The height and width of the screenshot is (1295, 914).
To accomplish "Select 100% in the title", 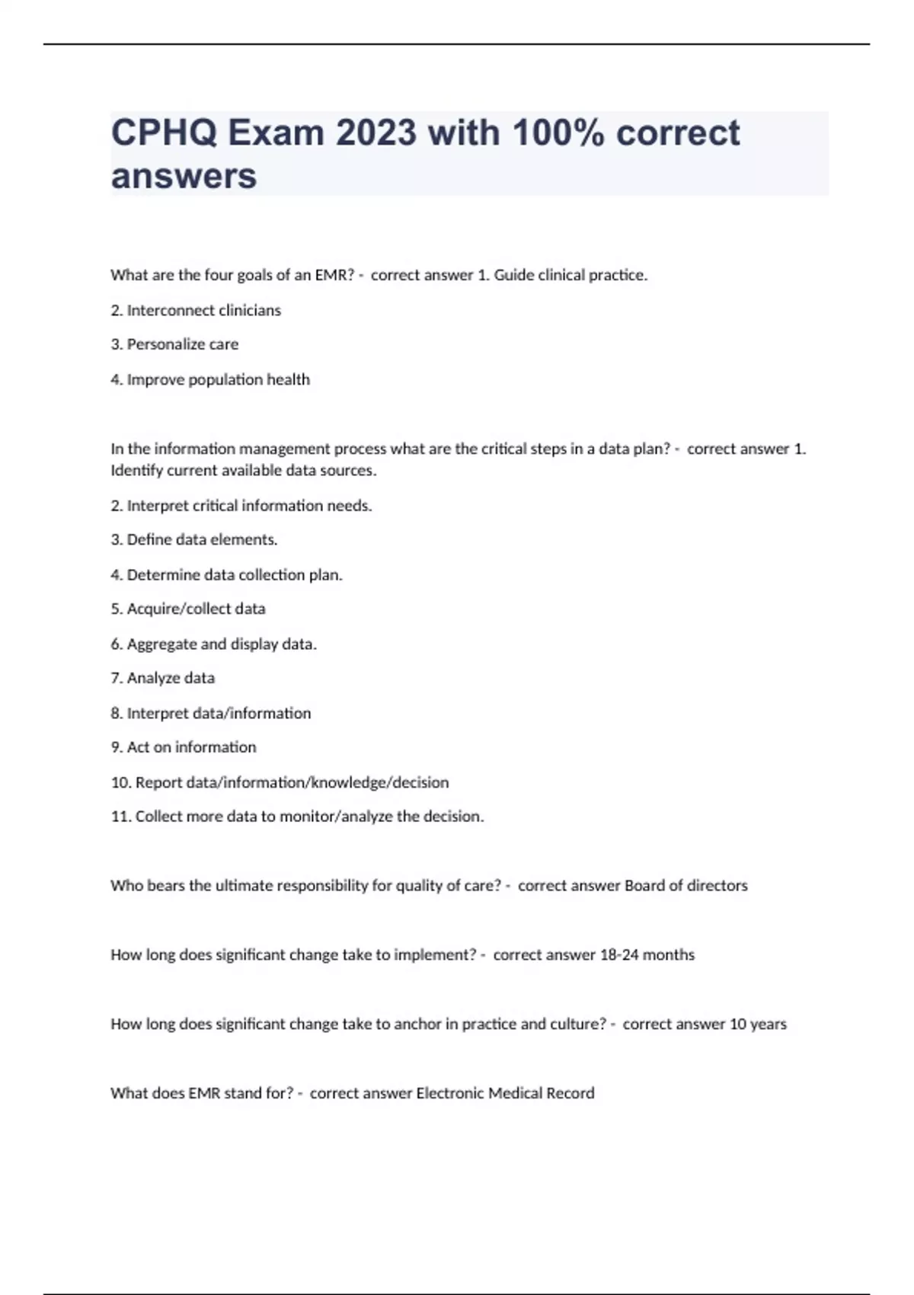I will [558, 133].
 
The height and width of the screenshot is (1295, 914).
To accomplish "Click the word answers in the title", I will [184, 177].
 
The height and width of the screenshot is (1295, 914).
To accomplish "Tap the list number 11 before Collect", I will [120, 817].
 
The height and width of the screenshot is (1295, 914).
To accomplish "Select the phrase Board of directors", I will [685, 885].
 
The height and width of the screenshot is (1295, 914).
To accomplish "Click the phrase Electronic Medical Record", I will [505, 1093].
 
